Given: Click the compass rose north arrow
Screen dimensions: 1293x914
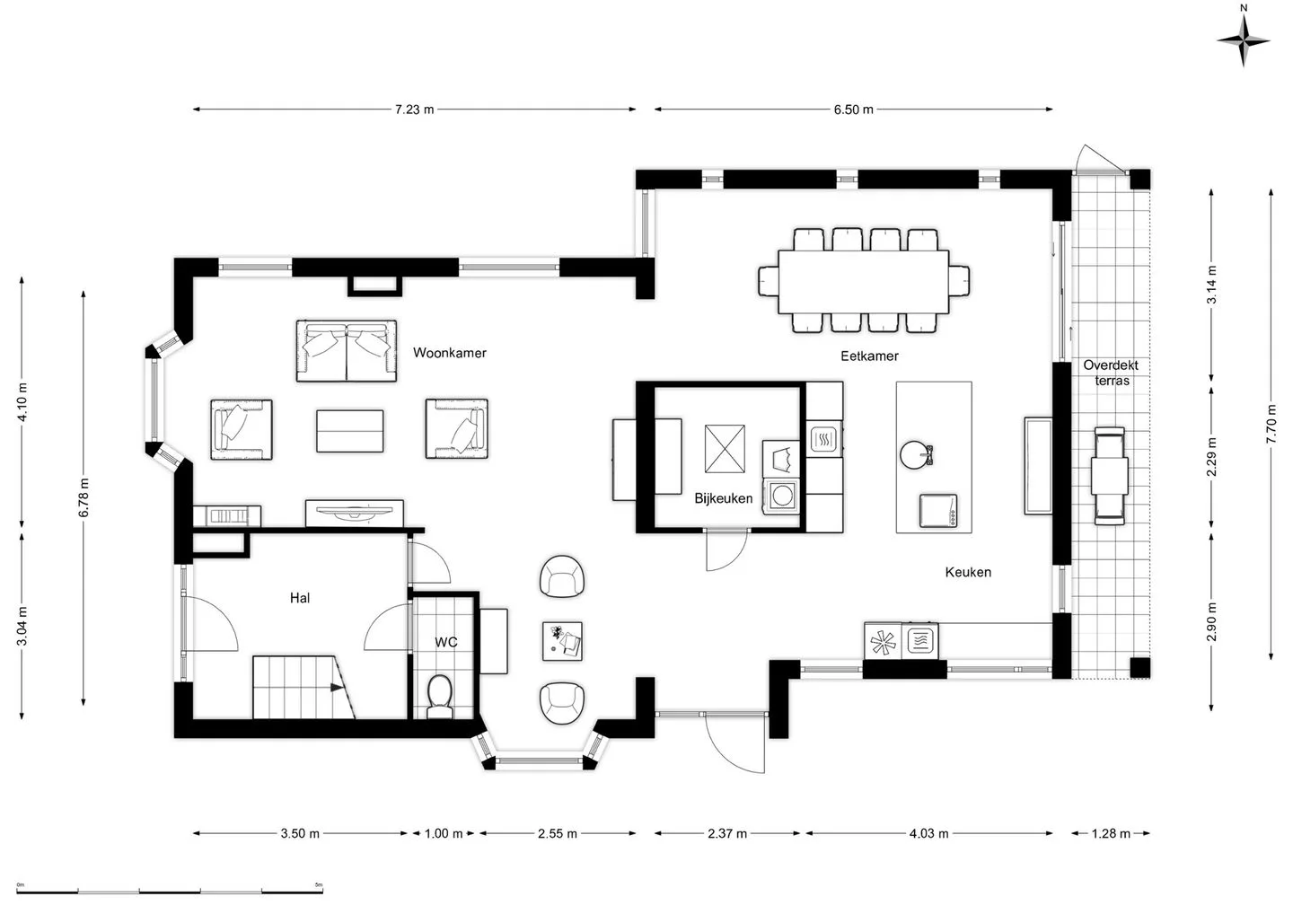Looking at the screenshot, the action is tap(1244, 40).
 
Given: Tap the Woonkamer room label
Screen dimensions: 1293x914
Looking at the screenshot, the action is tap(450, 353).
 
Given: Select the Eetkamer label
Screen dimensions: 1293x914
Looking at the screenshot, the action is tap(869, 356).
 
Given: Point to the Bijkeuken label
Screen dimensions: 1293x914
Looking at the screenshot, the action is tap(724, 498).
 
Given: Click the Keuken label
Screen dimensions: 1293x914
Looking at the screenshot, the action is tap(968, 572).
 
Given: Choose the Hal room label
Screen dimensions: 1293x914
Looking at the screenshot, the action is tap(300, 598).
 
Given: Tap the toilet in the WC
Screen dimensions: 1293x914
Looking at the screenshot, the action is tap(440, 697).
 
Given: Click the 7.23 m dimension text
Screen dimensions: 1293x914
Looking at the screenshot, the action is tap(415, 109).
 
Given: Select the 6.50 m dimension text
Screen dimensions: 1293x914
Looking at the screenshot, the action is tap(853, 109).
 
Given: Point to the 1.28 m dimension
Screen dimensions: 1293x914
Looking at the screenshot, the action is tap(1111, 833).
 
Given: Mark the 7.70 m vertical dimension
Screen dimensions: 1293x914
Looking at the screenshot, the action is tap(1271, 424).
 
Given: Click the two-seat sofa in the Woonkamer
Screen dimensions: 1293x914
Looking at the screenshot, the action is tap(347, 351).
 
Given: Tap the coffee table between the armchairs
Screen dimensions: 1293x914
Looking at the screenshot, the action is tap(350, 431).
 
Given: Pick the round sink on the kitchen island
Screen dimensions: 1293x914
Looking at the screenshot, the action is tap(914, 454).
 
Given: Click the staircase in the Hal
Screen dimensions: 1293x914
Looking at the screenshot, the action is tap(303, 687).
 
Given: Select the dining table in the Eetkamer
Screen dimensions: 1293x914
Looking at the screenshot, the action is tap(864, 282).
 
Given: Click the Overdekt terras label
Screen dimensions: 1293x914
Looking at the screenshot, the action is tap(1111, 373).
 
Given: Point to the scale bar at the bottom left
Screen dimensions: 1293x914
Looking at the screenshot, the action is tap(170, 892).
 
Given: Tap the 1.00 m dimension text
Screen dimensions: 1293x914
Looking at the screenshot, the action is tap(444, 833).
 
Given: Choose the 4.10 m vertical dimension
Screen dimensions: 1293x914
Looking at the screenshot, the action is tap(22, 401).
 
